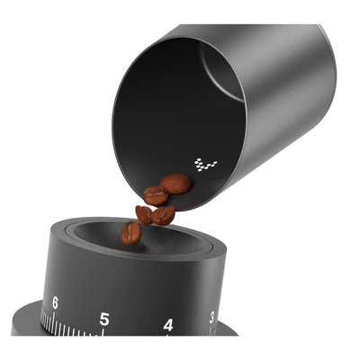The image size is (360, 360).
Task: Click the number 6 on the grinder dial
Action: pos(55,303)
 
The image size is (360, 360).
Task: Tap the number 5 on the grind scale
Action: pos(104,318)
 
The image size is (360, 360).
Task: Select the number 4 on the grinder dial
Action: pos(168,324)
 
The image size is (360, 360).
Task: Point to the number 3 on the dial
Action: pos(211,316)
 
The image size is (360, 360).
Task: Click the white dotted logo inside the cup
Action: pos(205,165)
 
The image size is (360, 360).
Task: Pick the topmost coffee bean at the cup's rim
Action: pos(176,184)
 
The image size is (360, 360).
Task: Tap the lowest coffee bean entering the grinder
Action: pos(131,233)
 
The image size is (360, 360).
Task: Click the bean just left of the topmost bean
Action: pos(156,195)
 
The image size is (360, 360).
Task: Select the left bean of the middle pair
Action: pos(144,214)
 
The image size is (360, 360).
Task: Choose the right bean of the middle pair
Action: pos(163,215)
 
